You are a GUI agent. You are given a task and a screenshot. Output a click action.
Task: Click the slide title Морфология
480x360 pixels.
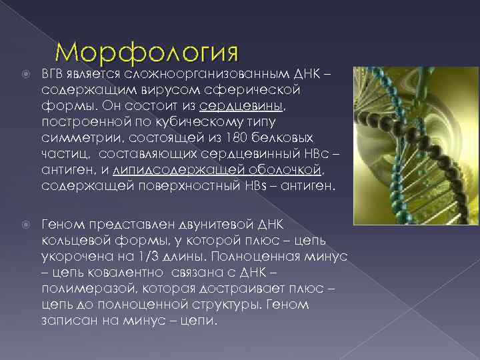coord(147,52)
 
